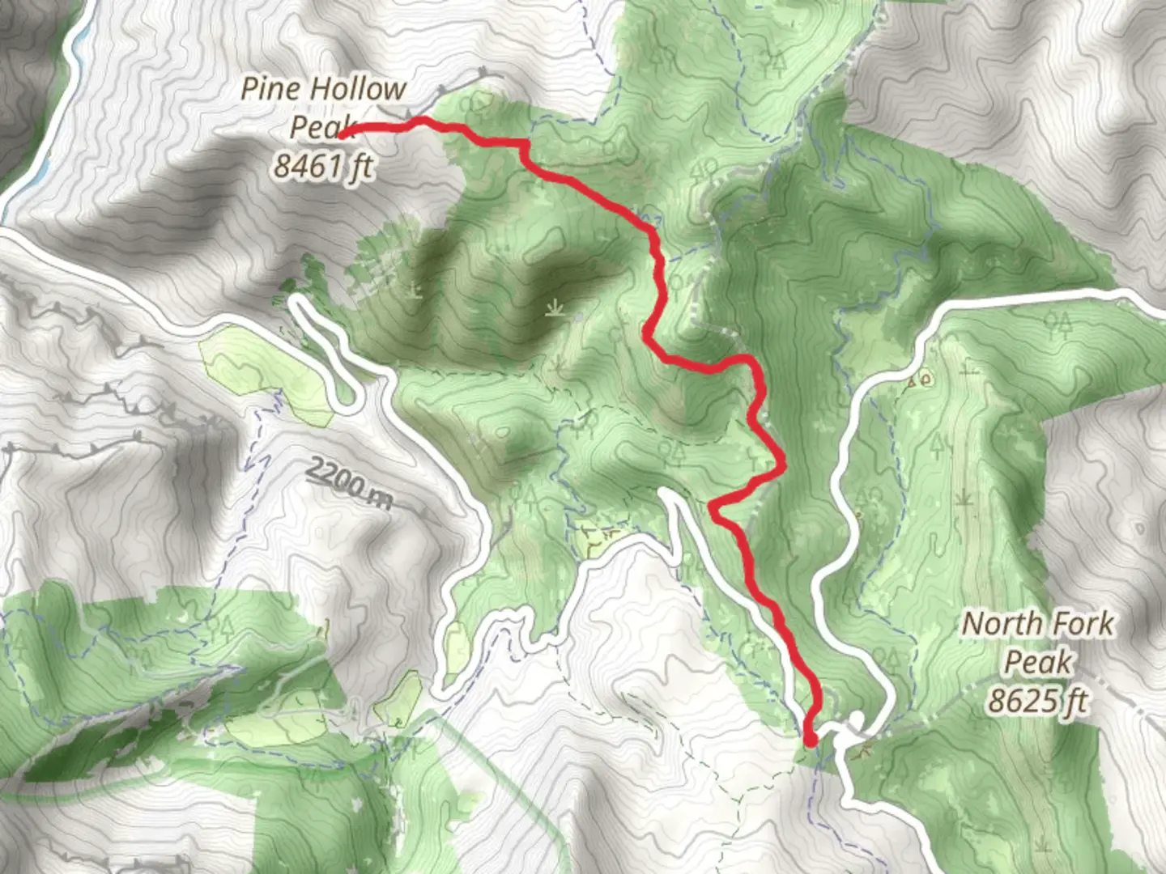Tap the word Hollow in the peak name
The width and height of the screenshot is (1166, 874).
point(355,89)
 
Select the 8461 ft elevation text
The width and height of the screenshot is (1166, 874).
point(322,166)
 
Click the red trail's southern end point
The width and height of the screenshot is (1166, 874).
point(811,740)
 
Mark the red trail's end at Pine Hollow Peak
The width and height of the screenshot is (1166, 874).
point(343,135)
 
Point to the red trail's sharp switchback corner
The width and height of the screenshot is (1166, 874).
point(713,507)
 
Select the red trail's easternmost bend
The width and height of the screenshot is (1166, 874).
point(784,464)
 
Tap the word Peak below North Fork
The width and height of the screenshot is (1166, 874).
point(1038,662)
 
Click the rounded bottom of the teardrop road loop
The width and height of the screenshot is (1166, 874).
point(348,405)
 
